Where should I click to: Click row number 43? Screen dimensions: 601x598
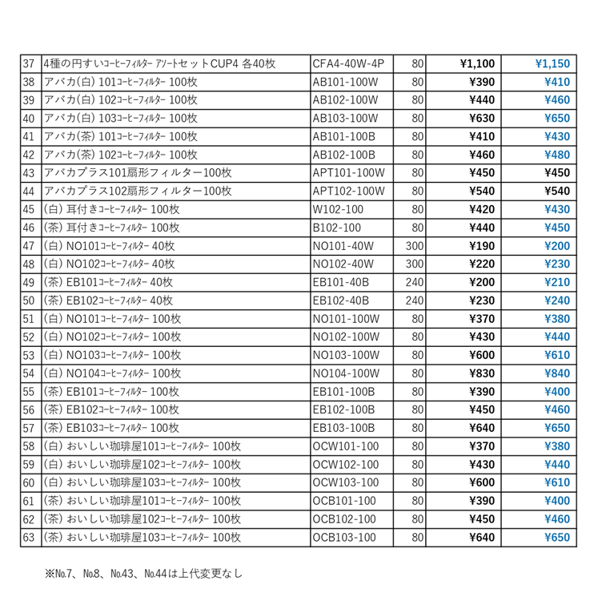click(x=29, y=172)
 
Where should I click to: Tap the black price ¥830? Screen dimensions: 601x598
click(x=481, y=373)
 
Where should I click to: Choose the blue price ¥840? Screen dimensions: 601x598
click(x=556, y=373)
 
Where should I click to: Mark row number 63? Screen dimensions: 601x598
click(x=29, y=536)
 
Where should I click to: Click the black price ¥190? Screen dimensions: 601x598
click(x=481, y=245)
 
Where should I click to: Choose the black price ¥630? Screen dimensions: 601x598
click(x=481, y=118)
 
